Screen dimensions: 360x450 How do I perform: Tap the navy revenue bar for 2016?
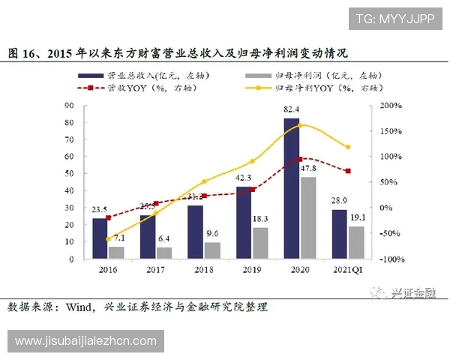100,238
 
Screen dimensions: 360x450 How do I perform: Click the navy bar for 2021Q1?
339,234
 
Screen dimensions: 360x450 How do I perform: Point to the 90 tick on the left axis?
70,106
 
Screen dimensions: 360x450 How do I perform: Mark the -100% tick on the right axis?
388,259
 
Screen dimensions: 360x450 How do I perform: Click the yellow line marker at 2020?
300,124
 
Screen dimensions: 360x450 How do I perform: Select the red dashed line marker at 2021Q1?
347,171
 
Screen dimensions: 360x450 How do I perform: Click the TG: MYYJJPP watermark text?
394,19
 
